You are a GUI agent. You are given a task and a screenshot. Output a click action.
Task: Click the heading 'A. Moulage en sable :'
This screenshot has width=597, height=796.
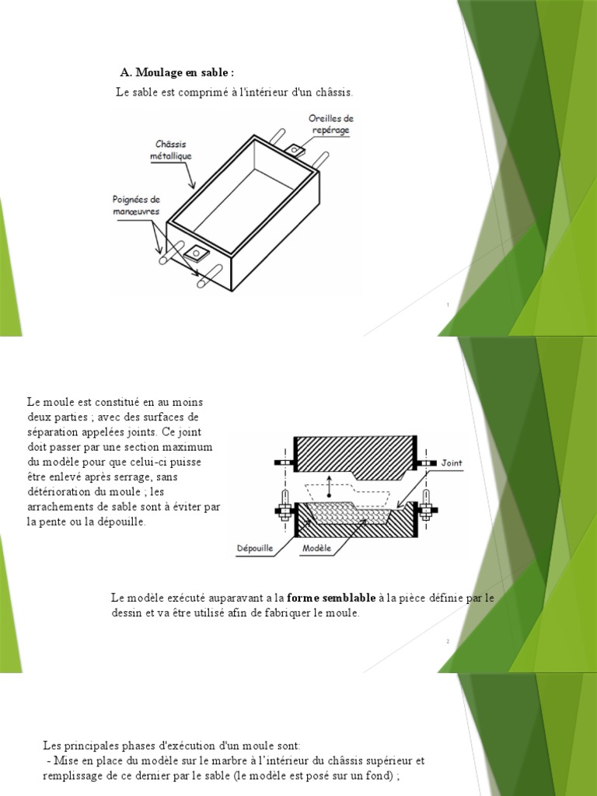pos(176,72)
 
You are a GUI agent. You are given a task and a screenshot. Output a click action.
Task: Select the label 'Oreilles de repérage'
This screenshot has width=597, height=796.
pos(331,124)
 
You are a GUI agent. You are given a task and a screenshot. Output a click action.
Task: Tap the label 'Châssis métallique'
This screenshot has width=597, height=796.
pos(171,150)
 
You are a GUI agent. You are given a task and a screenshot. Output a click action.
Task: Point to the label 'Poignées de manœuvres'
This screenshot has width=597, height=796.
pos(131,204)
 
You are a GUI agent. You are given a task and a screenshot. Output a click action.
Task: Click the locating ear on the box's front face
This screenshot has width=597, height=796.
pos(197,253)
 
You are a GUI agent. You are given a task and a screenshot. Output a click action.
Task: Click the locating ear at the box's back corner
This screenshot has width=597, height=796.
pos(295,149)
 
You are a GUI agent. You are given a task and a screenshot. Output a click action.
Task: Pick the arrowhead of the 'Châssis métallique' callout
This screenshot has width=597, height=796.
pos(194,187)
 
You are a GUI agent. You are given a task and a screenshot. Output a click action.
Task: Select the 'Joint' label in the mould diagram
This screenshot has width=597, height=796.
pos(452,463)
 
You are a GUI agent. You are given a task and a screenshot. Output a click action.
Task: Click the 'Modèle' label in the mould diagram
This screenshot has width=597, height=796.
pos(316,548)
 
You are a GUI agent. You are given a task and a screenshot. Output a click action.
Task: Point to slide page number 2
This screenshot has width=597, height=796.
pos(449,641)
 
